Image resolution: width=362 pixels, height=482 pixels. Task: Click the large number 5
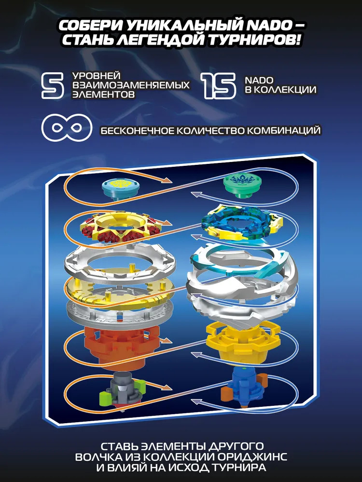tap(53, 85)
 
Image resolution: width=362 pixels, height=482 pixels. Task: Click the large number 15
tap(218, 85)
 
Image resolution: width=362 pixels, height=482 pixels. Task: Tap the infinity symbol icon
tap(67, 127)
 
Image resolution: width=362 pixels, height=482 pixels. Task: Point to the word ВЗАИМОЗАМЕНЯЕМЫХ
tap(131, 85)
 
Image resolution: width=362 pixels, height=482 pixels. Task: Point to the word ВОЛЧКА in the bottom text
tap(101, 456)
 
